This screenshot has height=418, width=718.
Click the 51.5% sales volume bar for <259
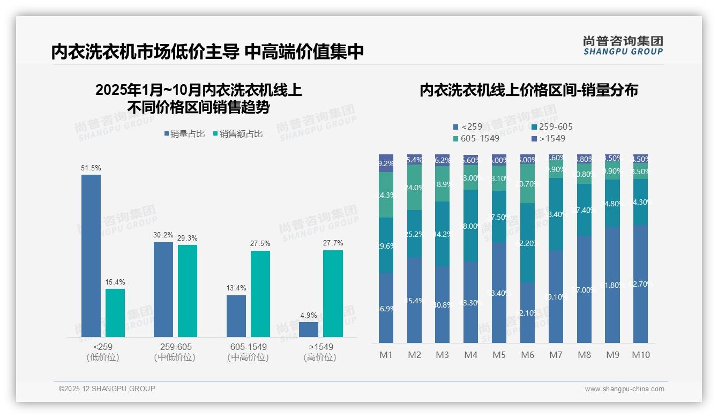91,256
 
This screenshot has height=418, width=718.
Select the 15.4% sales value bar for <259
115,313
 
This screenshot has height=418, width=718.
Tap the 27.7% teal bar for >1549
333,294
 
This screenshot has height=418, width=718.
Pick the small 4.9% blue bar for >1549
309,329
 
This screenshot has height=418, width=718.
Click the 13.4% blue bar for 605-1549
236,316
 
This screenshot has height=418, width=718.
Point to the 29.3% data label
188,238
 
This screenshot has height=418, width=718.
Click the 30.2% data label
163,235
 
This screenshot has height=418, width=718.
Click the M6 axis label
527,355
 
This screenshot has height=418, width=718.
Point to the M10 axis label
641,355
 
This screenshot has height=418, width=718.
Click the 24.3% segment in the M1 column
386,195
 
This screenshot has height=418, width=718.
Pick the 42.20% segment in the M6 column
527,243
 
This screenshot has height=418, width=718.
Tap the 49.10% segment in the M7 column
556,296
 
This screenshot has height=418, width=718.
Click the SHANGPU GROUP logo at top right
623,46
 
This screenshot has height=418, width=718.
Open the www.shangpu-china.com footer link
624,389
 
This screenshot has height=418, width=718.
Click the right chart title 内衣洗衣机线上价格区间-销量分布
528,90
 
